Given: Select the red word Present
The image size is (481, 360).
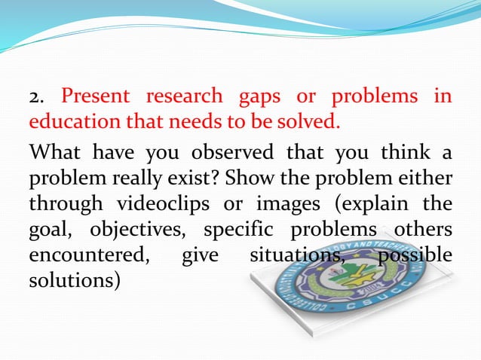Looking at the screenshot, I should point(96,97).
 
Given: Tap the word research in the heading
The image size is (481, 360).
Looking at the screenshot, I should point(185,97).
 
